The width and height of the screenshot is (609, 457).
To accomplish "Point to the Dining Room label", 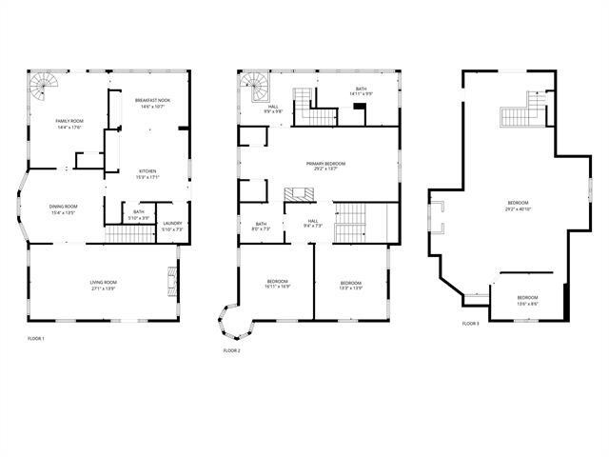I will [x=63, y=209].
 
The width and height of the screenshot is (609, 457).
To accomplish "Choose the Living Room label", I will [x=103, y=285].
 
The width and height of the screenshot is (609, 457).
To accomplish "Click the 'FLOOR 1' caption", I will [x=36, y=339].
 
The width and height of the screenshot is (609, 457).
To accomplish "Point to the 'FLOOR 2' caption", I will [x=231, y=350].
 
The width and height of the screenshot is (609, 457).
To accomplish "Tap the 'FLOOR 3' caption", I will [x=471, y=324].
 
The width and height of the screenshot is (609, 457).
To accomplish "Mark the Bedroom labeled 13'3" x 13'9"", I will [x=351, y=285].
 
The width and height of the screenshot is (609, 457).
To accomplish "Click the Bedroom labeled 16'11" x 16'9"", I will [x=277, y=285].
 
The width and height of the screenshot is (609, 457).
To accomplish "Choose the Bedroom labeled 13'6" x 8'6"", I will [x=526, y=301].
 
